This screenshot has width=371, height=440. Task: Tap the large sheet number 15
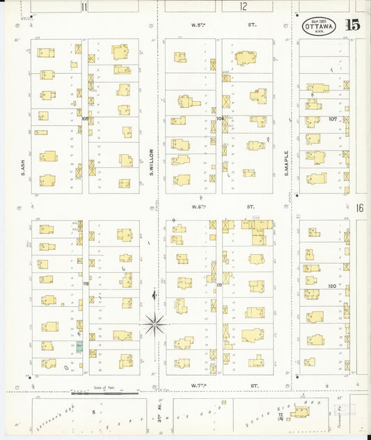coord(352,26)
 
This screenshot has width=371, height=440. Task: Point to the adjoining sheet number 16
coord(359,208)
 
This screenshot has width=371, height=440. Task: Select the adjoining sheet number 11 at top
coord(84,7)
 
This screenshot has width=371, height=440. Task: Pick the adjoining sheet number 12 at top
coord(243,7)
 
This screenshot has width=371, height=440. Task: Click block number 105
coord(85,119)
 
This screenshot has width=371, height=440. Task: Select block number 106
coord(220,119)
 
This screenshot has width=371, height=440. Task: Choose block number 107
coord(332,119)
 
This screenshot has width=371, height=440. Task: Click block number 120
coord(332,285)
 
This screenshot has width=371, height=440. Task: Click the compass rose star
coord(155,322)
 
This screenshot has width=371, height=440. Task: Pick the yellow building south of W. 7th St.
coord(301,411)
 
